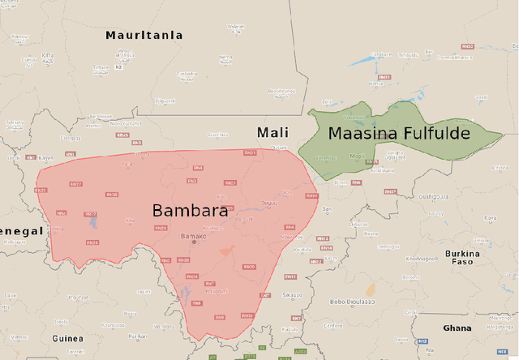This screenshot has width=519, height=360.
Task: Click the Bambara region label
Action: (189, 211)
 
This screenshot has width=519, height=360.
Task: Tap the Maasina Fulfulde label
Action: (399, 132)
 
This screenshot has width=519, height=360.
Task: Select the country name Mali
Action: (272, 132)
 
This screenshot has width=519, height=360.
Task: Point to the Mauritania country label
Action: (144, 36)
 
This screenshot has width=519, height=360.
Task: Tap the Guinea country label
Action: (67, 338)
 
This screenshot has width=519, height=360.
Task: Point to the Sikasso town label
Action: (293, 294)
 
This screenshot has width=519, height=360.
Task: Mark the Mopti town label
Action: (356, 156)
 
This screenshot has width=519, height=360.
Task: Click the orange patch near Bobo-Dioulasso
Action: (371, 289)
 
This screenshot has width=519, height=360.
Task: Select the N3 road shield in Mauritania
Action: (118, 66)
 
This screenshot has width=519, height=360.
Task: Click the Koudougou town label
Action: (421, 258)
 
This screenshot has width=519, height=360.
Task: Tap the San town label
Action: (327, 209)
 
